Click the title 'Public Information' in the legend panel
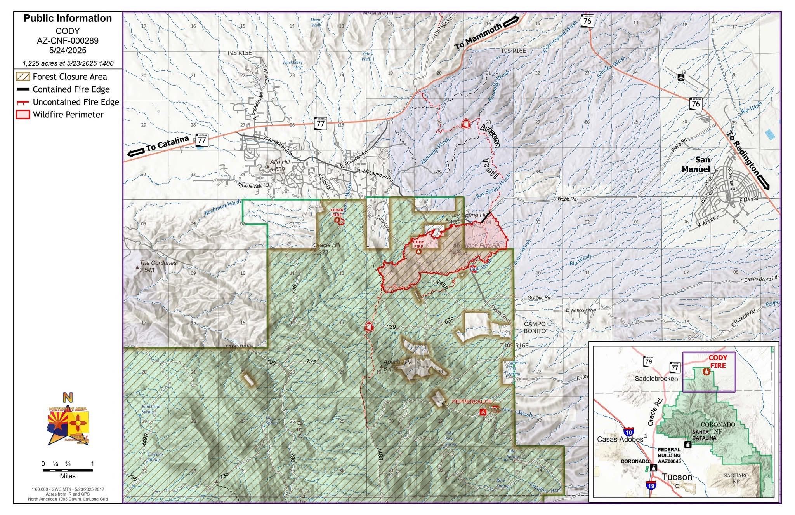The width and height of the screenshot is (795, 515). point(68,18)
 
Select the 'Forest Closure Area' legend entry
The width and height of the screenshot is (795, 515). point(69,77)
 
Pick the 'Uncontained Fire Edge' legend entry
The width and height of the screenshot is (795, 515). point(76,102)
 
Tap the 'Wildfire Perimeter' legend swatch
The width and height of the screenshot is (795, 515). point(23,115)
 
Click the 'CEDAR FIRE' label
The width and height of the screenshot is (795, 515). point(337,212)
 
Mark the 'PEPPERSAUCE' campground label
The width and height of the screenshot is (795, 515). point(472,402)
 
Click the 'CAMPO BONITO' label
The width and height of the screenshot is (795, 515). point(535,327)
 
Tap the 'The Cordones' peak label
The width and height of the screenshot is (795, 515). point(158,263)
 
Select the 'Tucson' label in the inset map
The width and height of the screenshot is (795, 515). point(677,477)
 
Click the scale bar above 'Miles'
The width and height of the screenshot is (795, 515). point(68,470)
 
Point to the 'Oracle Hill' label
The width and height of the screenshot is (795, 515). point(326,245)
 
